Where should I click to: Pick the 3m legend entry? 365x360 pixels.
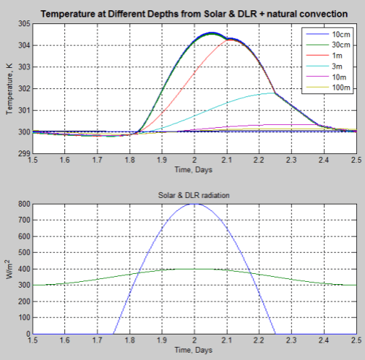[340, 66]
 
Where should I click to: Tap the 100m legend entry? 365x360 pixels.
[340, 87]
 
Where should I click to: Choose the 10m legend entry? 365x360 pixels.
[340, 77]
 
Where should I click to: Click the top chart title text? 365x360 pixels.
[193, 14]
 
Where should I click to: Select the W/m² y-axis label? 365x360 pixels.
[9, 269]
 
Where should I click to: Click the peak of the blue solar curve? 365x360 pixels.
[194, 204]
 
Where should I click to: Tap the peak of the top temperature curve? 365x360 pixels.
[212, 33]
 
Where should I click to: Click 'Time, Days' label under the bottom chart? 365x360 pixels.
[194, 351]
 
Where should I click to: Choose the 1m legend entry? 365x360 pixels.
[340, 55]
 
